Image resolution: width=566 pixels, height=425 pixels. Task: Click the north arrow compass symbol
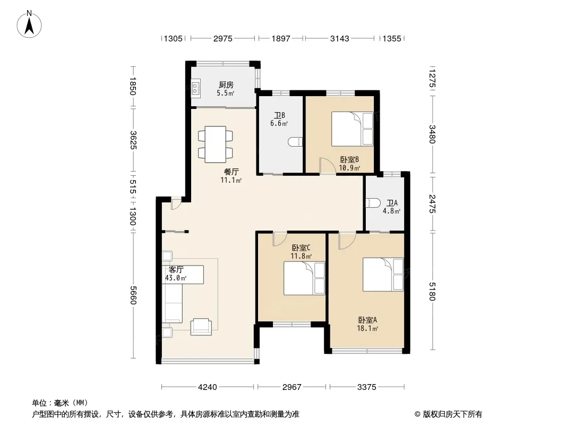tap(29, 24)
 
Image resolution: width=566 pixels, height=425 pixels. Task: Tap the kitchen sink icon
tap(195, 89)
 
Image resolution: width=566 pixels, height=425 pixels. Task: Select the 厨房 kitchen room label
tap(226, 85)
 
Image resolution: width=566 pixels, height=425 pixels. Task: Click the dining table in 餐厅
tap(216, 144)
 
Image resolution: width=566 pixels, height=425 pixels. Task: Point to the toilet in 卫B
tap(295, 142)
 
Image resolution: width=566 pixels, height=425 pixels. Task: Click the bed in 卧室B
tap(353, 129)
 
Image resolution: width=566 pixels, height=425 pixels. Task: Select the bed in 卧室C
tap(304, 278)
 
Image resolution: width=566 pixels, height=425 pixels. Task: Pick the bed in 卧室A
tap(383, 275)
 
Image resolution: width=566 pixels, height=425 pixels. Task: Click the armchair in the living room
tap(201, 327)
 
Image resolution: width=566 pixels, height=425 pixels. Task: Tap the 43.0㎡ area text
tap(176, 278)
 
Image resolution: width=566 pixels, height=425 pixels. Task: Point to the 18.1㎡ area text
tap(367, 329)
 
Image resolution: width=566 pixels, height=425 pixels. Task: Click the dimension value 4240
tap(208, 387)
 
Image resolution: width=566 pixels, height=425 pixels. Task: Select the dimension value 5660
tap(133, 295)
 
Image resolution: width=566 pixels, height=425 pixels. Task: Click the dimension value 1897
tap(281, 38)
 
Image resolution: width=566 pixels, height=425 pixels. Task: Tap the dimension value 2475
tap(432, 203)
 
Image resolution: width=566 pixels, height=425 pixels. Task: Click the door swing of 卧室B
tap(328, 166)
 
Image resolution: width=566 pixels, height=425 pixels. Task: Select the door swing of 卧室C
tap(279, 239)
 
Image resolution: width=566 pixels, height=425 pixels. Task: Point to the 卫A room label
tap(392, 203)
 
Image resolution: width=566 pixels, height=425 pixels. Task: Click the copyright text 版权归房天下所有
tap(452, 414)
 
